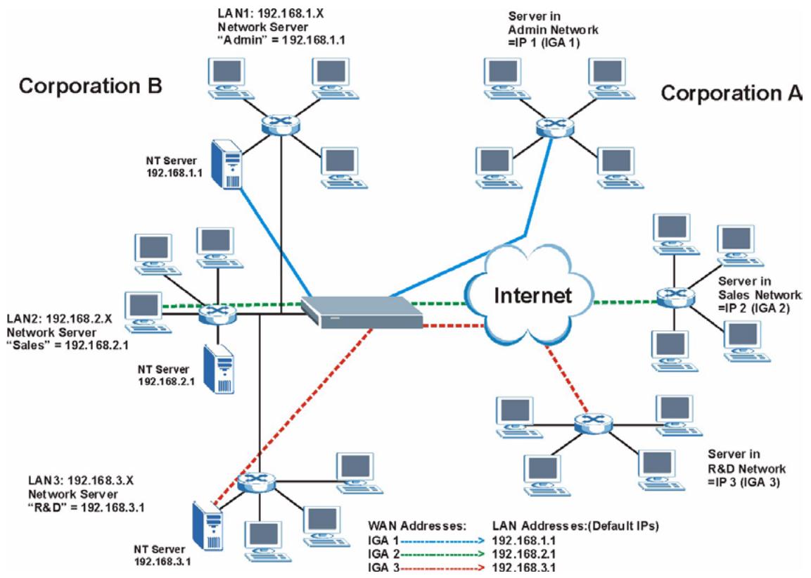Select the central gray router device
coord(362,310)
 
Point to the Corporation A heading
coord(732,93)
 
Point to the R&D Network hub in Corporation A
coord(585,423)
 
